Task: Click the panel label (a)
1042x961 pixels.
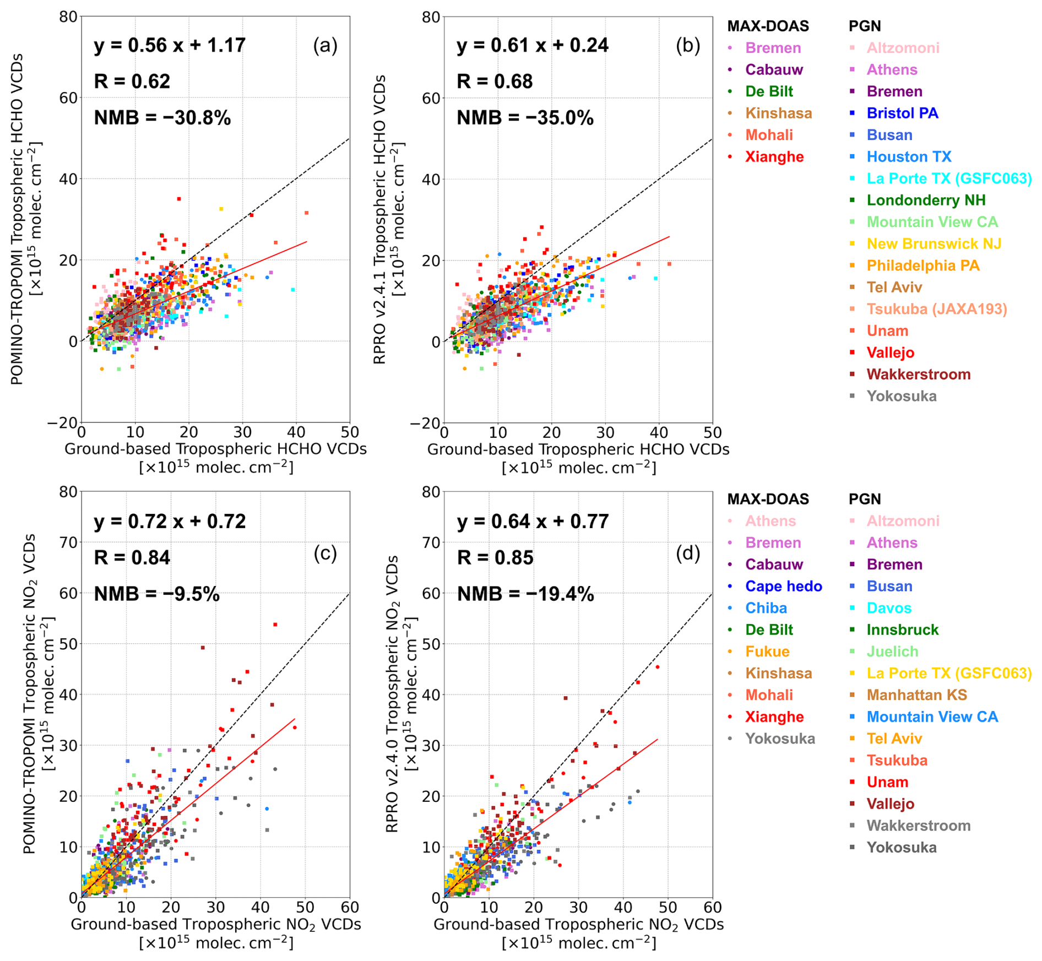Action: (325, 45)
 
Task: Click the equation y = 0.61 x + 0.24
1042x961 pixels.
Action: (532, 45)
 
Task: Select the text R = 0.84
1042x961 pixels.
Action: (132, 557)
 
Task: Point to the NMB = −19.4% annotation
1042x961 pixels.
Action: (525, 594)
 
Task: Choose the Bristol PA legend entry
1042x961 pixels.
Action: (902, 113)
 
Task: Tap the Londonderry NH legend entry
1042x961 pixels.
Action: (926, 200)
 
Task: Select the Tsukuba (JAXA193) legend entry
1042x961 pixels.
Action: (936, 310)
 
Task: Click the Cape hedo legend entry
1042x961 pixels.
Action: (783, 587)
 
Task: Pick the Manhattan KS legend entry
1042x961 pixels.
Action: (916, 695)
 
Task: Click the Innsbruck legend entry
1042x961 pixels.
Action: (902, 630)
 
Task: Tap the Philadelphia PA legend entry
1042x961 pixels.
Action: (923, 266)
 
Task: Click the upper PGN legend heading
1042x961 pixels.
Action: (865, 26)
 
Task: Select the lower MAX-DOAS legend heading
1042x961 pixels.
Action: (768, 499)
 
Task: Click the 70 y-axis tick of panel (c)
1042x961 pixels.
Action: (68, 542)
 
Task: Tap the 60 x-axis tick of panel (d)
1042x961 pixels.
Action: (712, 907)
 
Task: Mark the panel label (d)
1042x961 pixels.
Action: (688, 553)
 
